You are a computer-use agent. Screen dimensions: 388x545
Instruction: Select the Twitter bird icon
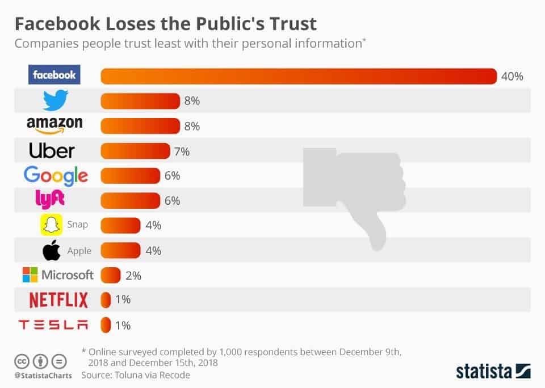[56, 101]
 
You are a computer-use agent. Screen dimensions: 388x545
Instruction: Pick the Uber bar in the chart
[135, 151]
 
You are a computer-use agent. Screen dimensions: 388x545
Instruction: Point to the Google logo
[56, 176]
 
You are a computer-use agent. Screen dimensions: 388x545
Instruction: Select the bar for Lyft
[130, 201]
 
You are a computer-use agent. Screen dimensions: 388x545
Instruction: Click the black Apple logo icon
[52, 250]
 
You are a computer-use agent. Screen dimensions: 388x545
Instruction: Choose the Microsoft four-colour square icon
[30, 275]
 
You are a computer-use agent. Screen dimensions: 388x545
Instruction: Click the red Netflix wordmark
[58, 300]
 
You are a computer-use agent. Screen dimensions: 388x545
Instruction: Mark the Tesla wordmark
[54, 325]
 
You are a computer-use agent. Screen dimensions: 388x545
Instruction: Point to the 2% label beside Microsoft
[133, 276]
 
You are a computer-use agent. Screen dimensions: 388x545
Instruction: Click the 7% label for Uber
[182, 151]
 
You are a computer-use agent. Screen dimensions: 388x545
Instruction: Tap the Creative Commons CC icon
[22, 361]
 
